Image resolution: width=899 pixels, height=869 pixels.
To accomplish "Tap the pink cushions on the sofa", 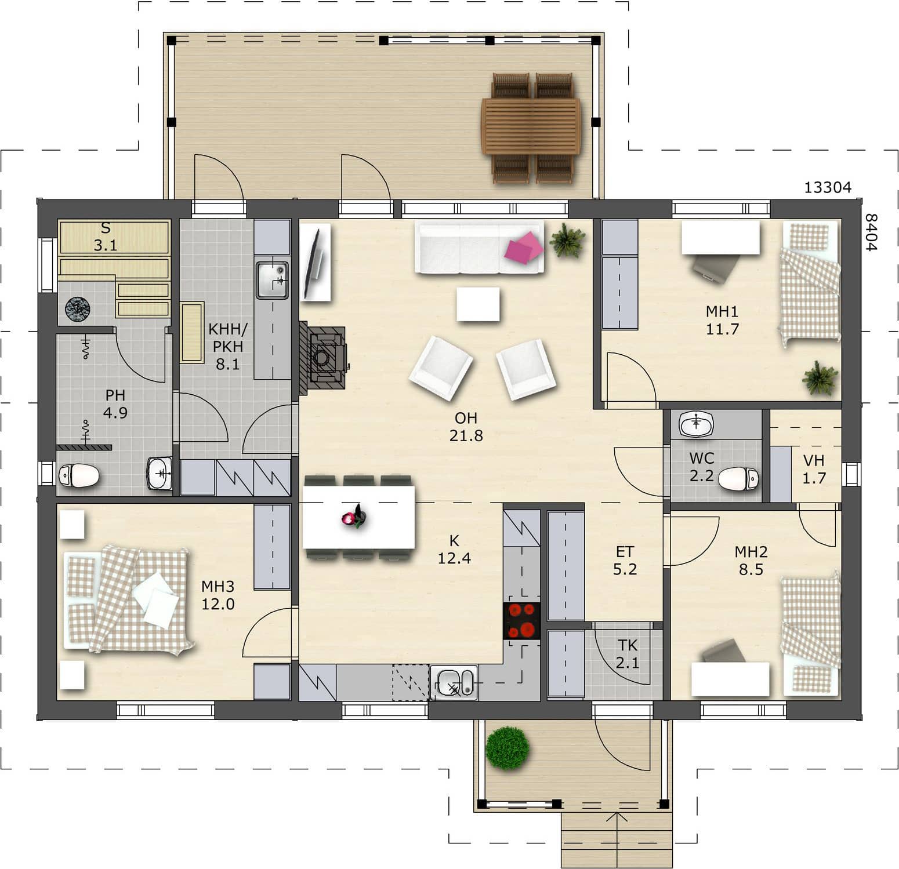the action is pyautogui.click(x=524, y=247).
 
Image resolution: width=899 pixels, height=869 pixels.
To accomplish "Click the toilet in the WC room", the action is pyautogui.click(x=738, y=479).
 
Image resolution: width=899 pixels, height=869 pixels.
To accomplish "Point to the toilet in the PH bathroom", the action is pyautogui.click(x=79, y=476).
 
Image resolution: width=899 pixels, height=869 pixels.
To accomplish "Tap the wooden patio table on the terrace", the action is pyautogui.click(x=530, y=126).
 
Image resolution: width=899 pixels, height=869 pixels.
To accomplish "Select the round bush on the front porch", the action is pyautogui.click(x=507, y=748).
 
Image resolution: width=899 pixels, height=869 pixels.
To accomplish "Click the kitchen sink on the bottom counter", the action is pyautogui.click(x=454, y=682).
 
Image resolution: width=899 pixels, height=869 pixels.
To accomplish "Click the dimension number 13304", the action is pyautogui.click(x=828, y=187).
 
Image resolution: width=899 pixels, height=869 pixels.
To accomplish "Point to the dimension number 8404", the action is pyautogui.click(x=871, y=232).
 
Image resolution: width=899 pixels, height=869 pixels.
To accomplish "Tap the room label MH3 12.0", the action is pyautogui.click(x=218, y=595).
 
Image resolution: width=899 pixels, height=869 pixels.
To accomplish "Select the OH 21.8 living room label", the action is pyautogui.click(x=466, y=427).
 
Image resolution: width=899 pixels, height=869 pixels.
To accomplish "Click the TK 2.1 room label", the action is pyautogui.click(x=628, y=653).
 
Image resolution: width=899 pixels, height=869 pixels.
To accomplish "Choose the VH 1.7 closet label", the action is pyautogui.click(x=814, y=469).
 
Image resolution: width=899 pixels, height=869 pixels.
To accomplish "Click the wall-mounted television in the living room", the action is pyautogui.click(x=316, y=262).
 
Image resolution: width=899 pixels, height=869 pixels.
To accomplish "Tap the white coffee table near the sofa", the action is pyautogui.click(x=478, y=304).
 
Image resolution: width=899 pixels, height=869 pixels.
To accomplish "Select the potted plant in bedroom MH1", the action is pyautogui.click(x=820, y=378).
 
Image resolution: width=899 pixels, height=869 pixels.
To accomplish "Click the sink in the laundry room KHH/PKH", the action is pyautogui.click(x=273, y=280).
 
